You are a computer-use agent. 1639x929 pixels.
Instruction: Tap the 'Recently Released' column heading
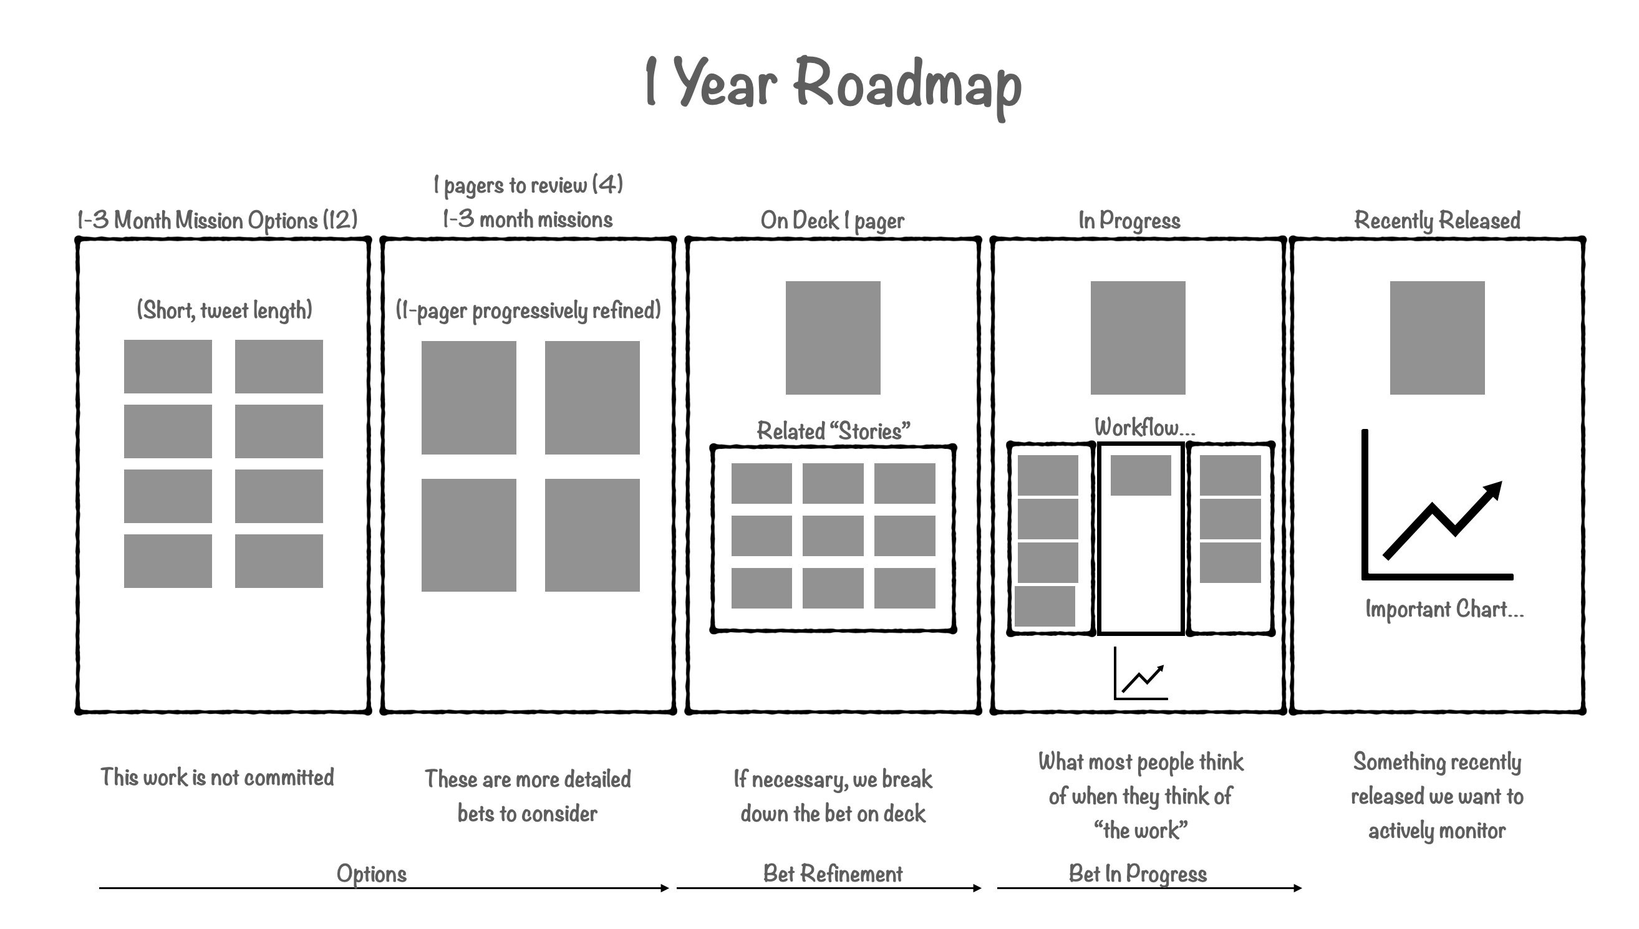pos(1437,221)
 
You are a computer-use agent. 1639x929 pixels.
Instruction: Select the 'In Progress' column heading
pos(1129,221)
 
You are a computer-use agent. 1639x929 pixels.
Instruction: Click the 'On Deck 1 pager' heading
pos(832,221)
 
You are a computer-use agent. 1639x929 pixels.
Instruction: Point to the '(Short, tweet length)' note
pos(224,310)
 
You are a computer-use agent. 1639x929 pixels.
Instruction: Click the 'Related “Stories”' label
pos(833,431)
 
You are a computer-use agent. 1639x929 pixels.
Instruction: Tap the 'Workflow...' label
pos(1144,428)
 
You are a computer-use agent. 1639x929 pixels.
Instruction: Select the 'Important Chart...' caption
pos(1444,609)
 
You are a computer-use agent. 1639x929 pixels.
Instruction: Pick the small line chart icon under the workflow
pos(1141,675)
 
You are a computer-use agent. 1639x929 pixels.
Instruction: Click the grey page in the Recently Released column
pos(1437,337)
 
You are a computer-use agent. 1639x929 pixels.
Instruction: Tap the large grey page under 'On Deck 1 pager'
pos(832,337)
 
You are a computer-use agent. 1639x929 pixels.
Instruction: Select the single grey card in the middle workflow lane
pos(1141,475)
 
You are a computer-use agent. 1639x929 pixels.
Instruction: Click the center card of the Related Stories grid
pos(832,536)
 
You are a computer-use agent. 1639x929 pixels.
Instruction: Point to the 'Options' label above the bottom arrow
pos(372,874)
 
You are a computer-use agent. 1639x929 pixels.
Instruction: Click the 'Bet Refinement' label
pos(832,874)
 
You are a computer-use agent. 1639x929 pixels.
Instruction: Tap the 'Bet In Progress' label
pos(1138,874)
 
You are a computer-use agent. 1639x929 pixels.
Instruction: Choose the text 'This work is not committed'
pos(217,777)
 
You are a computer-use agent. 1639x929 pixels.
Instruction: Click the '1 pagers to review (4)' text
pos(528,185)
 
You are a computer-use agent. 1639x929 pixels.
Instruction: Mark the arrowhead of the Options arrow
pos(665,887)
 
